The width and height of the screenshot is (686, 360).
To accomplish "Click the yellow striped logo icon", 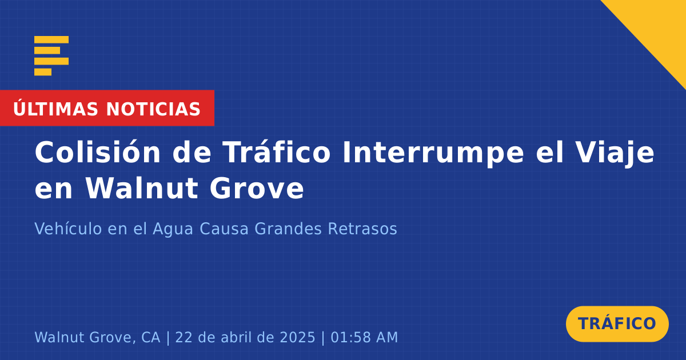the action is [x=51, y=56].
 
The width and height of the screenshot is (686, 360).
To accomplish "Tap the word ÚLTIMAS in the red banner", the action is [x=55, y=108].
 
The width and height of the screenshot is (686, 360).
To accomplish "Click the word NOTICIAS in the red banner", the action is [x=153, y=109].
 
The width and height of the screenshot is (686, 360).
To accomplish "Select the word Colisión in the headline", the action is [x=97, y=153].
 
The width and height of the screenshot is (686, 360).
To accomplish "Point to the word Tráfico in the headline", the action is [x=277, y=153].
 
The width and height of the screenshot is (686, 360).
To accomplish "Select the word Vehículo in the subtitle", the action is [x=68, y=229].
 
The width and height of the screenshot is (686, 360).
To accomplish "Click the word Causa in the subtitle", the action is [x=224, y=229].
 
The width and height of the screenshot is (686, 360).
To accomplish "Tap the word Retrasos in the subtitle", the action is [x=362, y=229].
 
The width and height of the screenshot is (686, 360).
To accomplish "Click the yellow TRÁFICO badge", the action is [x=617, y=323].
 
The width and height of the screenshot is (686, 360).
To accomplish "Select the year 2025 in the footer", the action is [x=297, y=337].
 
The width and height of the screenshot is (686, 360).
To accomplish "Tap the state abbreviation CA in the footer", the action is [x=151, y=337].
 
